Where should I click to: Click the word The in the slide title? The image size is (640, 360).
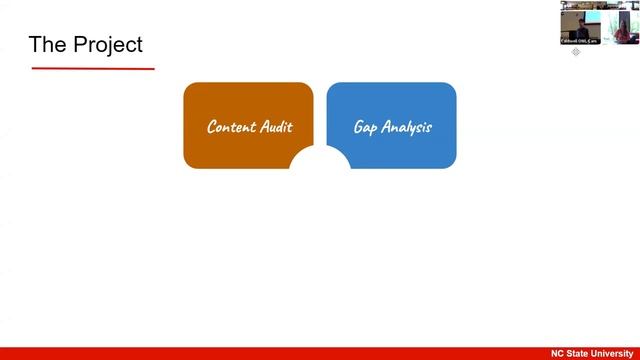pyautogui.click(x=48, y=45)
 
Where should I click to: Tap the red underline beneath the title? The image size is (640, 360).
pyautogui.click(x=93, y=69)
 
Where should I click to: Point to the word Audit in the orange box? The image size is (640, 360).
pyautogui.click(x=276, y=127)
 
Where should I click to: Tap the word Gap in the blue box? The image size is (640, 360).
pyautogui.click(x=365, y=128)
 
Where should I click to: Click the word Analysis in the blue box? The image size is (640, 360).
pyautogui.click(x=406, y=128)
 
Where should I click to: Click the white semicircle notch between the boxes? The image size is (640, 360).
pyautogui.click(x=320, y=158)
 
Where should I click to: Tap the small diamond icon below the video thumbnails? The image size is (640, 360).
pyautogui.click(x=576, y=52)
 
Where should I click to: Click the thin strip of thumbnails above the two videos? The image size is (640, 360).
pyautogui.click(x=600, y=3)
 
